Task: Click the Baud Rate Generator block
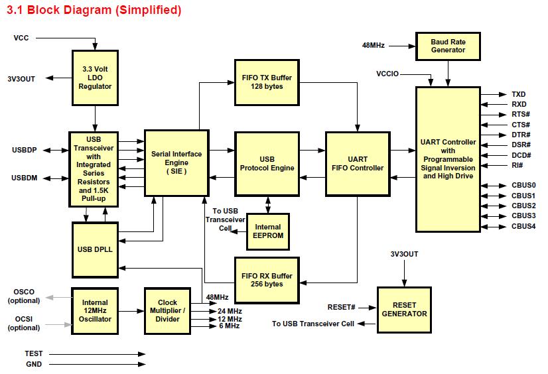pos(448,46)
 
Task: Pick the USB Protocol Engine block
pos(267,163)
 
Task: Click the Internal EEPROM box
pos(267,231)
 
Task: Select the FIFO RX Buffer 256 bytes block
pos(267,279)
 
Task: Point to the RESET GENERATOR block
pos(405,309)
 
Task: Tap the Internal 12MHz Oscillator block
pos(95,310)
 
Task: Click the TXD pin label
pos(518,95)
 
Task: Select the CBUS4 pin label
pos(523,226)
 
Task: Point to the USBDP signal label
pos(24,151)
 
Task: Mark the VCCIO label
pos(387,74)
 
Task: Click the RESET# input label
pos(342,307)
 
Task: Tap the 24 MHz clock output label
pos(229,311)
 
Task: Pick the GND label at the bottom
pos(33,363)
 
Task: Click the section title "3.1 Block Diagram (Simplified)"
pos(94,11)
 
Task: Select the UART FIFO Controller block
pos(357,163)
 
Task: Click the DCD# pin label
pos(520,155)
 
